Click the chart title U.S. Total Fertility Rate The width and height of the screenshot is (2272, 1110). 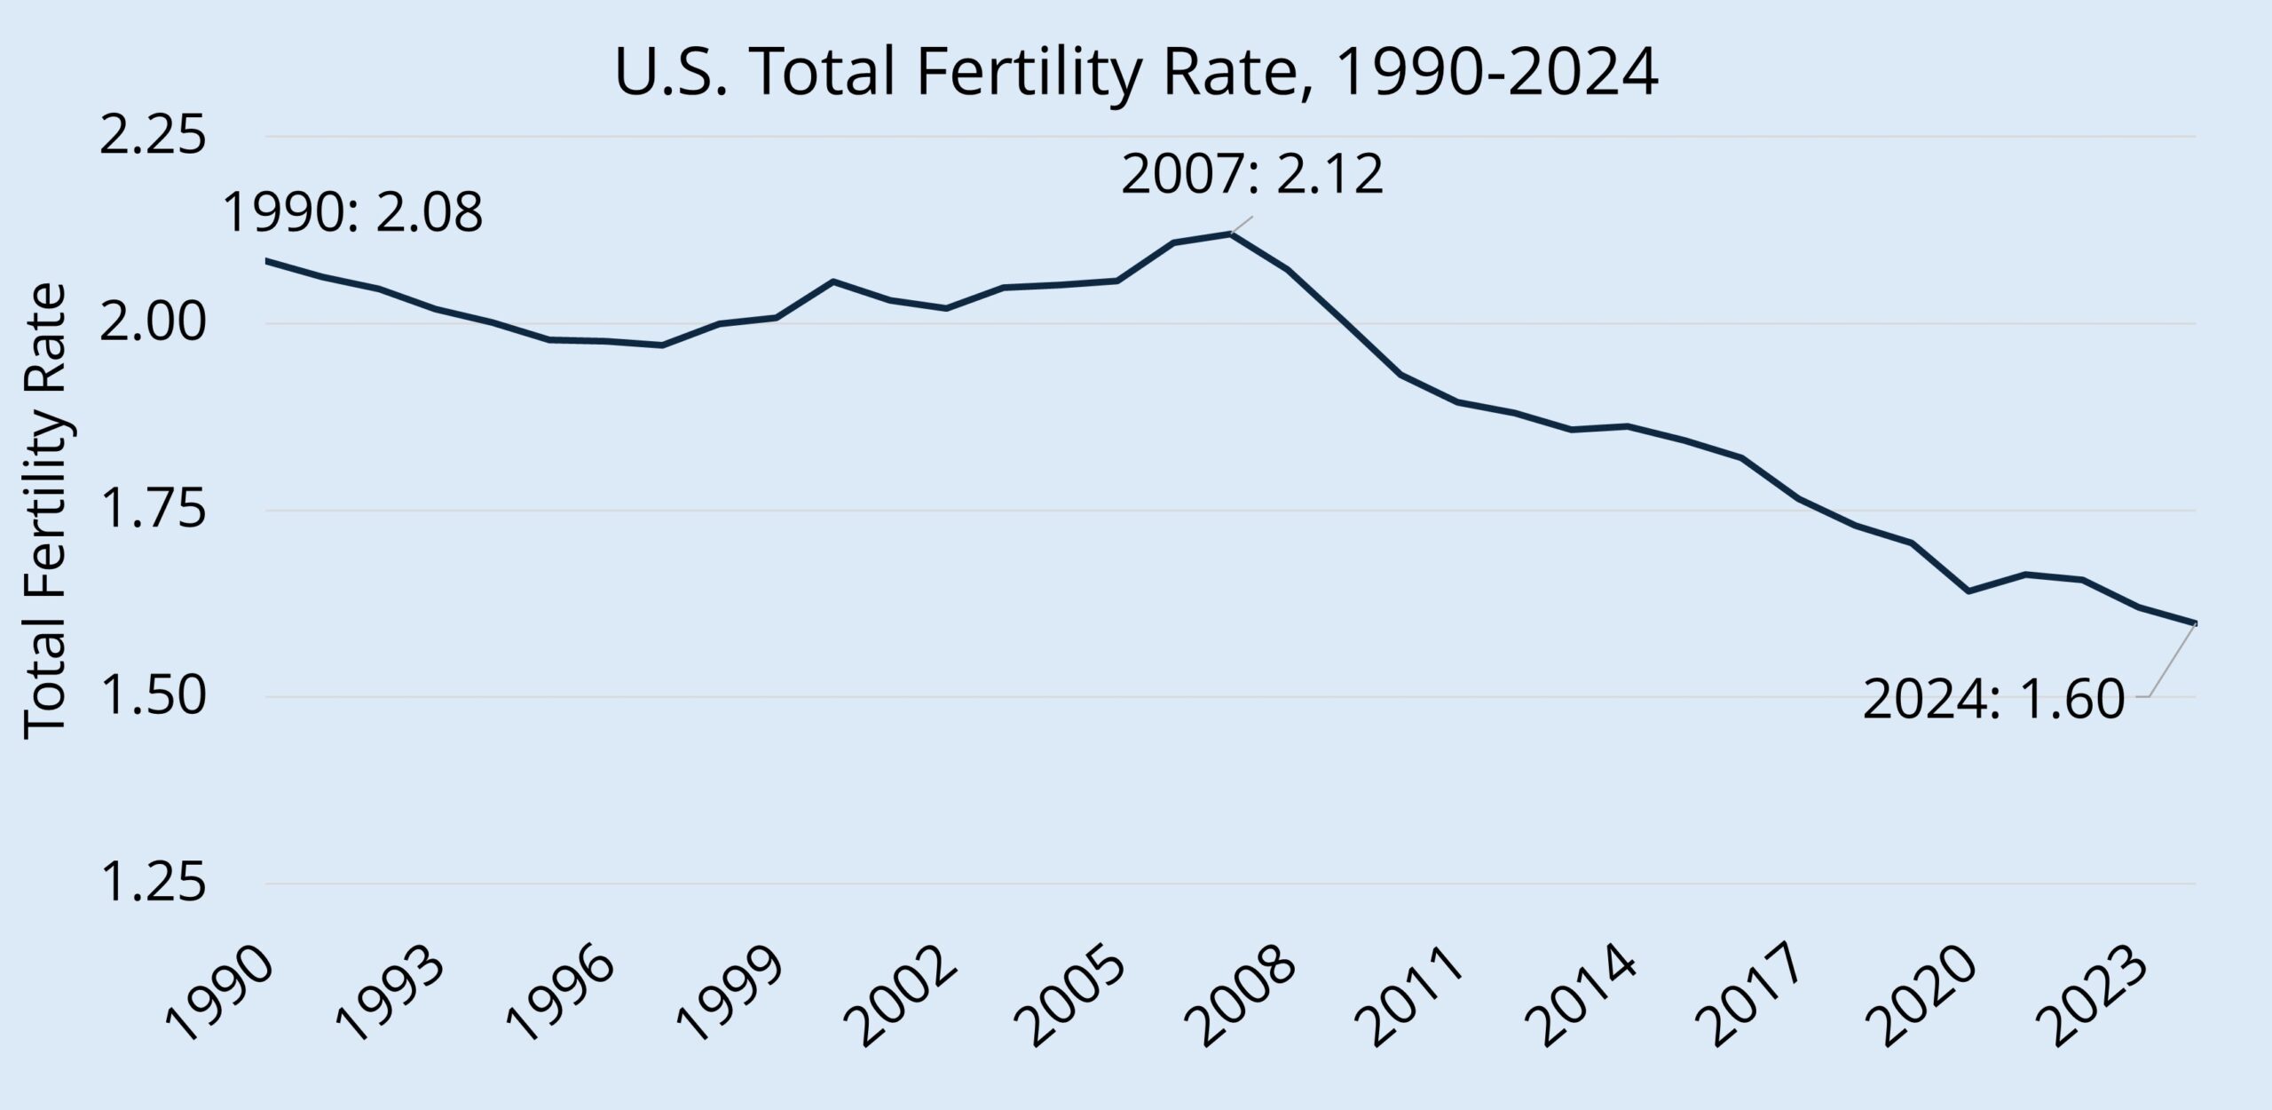point(1135,74)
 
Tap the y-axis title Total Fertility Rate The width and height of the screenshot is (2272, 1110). point(44,511)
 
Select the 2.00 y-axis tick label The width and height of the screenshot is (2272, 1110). point(152,324)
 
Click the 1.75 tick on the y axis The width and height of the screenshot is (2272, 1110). point(152,511)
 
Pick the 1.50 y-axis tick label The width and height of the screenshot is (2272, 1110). point(152,698)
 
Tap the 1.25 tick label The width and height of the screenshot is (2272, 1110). point(152,884)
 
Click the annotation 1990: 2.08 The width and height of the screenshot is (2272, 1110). point(352,213)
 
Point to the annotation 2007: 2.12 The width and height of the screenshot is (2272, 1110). point(1252,175)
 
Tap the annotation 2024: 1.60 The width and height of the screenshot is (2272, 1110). point(1993,701)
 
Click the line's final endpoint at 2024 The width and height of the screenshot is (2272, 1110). point(2196,623)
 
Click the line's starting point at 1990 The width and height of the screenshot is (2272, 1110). point(267,261)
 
